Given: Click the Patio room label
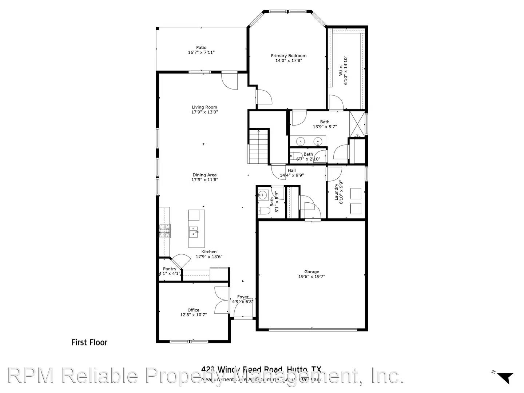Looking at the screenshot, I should point(201,48).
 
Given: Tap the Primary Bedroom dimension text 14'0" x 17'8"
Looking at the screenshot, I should point(289,61).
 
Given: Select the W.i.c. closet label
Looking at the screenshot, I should point(341,71).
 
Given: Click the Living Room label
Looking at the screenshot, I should point(205,107).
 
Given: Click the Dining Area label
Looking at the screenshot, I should point(205,175).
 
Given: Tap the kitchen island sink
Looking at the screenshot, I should point(193,231).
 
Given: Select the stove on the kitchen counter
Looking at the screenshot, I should point(164,231).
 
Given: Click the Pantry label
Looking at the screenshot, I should point(170,269).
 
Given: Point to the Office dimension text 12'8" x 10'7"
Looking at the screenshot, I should point(193,315).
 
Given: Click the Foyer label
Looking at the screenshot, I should point(243,297).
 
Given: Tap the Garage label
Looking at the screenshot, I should point(311,271).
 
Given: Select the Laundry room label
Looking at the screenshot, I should point(337,192).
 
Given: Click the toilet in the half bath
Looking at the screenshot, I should point(264,211).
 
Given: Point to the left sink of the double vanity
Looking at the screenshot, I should point(301,141).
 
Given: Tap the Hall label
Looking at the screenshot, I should point(292,170).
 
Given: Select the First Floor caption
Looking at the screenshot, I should point(89,342).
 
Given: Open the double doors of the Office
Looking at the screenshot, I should point(222,300).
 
